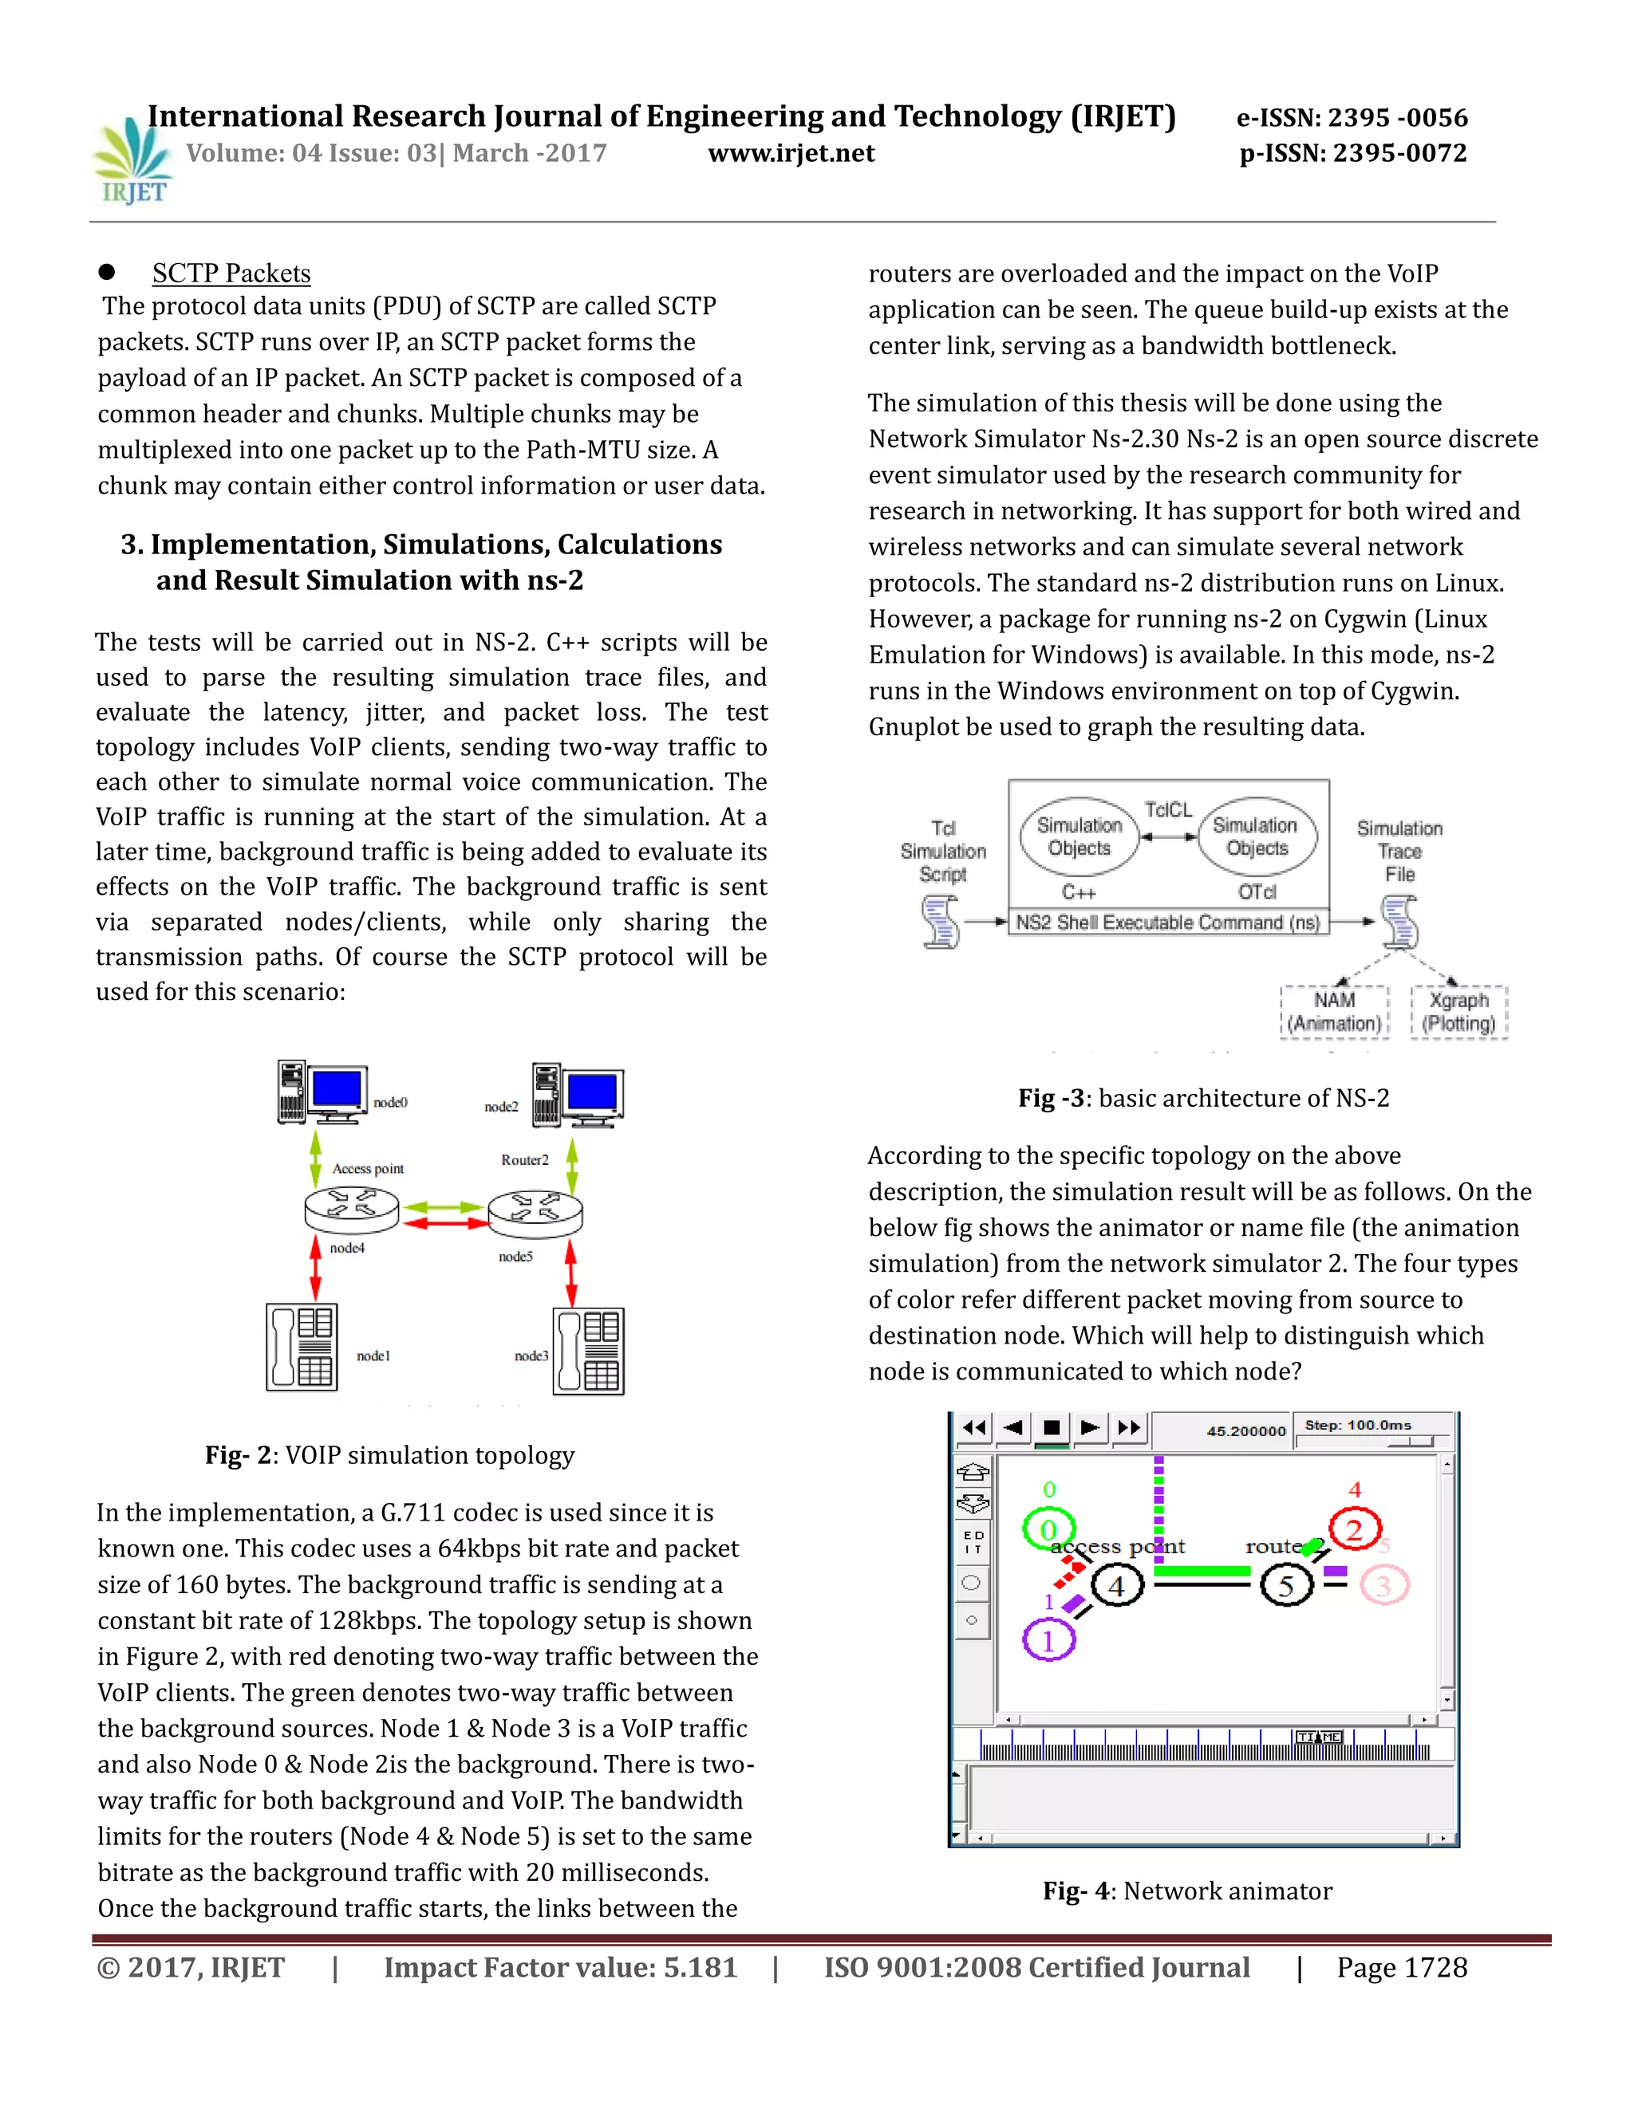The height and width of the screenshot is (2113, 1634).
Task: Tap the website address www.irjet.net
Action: coord(791,153)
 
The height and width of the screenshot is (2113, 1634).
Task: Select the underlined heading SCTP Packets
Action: coord(231,273)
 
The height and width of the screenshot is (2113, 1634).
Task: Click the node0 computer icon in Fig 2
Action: coord(322,1092)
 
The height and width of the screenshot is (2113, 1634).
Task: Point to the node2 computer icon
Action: coord(578,1096)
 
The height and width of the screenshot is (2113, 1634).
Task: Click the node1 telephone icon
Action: coord(302,1347)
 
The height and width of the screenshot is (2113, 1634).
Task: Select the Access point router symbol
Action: coord(351,1210)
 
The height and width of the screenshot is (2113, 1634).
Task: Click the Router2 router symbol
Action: coord(535,1214)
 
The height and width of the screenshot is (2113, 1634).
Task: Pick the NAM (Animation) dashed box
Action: coord(1334,1012)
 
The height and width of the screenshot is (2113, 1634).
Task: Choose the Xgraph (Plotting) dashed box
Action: coord(1458,1012)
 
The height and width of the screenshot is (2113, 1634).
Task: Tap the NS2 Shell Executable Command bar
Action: coord(1167,922)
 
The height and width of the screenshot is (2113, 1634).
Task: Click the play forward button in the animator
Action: coord(1090,1427)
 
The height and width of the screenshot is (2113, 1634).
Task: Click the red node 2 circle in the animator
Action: coord(1354,1529)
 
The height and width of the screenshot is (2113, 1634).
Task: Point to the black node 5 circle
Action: coord(1286,1586)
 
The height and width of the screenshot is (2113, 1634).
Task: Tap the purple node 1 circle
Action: coord(1048,1641)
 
